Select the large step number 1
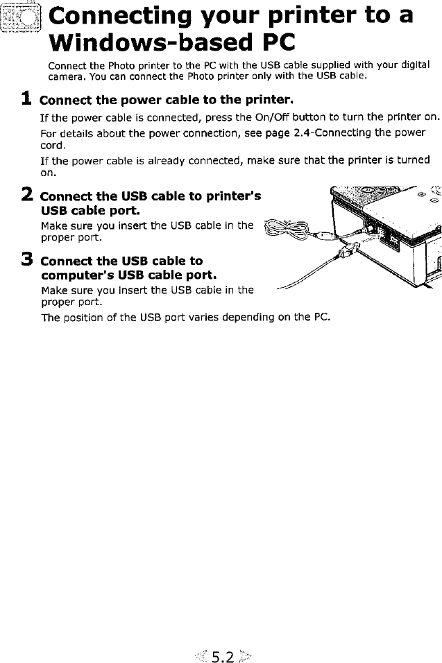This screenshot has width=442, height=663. pyautogui.click(x=26, y=98)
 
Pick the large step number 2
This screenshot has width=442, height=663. pyautogui.click(x=26, y=195)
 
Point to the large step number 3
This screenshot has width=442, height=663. pyautogui.click(x=26, y=259)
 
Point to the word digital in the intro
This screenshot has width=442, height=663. pyautogui.click(x=415, y=65)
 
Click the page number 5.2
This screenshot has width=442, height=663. pyautogui.click(x=223, y=656)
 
